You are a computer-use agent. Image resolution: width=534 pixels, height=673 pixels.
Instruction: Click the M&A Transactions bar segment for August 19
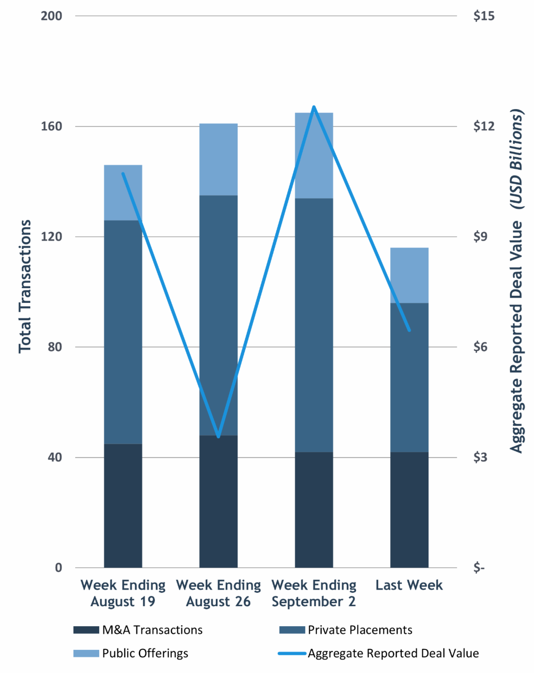(123, 506)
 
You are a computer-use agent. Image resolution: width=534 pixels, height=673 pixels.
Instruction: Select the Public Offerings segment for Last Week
(409, 275)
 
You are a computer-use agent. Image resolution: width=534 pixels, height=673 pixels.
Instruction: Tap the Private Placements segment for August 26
(218, 315)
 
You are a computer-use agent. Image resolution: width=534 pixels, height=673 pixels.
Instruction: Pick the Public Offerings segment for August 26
(218, 159)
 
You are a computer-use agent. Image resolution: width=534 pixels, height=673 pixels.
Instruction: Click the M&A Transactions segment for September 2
(314, 510)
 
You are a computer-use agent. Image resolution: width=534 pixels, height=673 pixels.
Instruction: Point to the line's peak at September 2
(314, 107)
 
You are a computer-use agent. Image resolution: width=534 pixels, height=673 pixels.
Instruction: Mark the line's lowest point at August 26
(218, 436)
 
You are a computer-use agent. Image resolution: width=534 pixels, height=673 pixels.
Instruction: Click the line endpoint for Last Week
(409, 330)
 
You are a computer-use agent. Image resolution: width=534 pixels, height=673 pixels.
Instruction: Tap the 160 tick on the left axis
(51, 126)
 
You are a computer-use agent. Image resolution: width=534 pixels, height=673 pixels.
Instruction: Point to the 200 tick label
(51, 16)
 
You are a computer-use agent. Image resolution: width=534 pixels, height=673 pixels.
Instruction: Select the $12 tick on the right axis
(484, 126)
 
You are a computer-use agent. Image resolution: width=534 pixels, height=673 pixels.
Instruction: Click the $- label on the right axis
(479, 567)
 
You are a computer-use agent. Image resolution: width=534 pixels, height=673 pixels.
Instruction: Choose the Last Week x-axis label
(409, 585)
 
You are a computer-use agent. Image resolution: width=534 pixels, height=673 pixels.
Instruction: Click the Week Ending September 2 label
(314, 593)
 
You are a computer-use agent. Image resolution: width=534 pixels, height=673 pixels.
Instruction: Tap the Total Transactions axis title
(25, 286)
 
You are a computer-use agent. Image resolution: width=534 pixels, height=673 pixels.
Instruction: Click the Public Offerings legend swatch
(86, 653)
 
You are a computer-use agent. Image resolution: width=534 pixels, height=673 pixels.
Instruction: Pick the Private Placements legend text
(360, 630)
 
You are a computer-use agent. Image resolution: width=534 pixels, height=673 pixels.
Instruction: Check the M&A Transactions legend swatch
(86, 630)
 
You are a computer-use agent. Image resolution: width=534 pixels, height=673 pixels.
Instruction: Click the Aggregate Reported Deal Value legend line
(292, 653)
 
